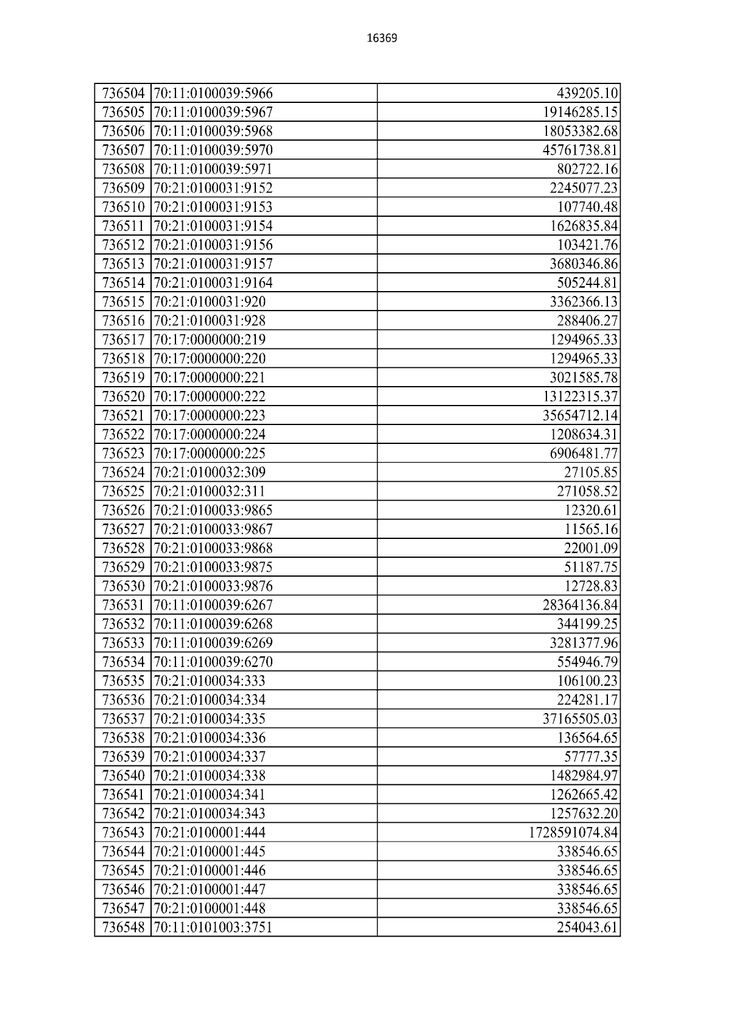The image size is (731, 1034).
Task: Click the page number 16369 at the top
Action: [x=382, y=38]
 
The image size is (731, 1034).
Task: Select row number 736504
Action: [x=123, y=93]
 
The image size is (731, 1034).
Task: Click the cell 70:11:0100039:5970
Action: [x=213, y=150]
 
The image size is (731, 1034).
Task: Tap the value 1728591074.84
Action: [x=573, y=832]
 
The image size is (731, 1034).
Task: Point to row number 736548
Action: [x=123, y=927]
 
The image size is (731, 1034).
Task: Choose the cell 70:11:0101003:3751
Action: [x=213, y=927]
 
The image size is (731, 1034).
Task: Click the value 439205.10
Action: [x=587, y=93]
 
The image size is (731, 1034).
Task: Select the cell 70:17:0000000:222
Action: [x=210, y=396]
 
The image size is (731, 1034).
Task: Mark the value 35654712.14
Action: [x=581, y=415]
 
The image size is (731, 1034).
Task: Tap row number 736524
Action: [x=123, y=472]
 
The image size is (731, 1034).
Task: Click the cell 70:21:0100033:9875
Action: [x=213, y=567]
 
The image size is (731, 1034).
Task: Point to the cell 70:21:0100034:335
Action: [x=210, y=719]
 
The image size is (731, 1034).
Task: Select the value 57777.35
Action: [x=591, y=756]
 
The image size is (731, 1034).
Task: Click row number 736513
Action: [x=123, y=264]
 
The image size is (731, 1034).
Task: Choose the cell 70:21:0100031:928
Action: [x=210, y=320]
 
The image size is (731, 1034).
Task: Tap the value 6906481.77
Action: [x=584, y=453]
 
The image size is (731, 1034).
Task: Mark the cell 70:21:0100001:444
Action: [x=210, y=832]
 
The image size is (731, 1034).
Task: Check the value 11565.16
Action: [x=591, y=529]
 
